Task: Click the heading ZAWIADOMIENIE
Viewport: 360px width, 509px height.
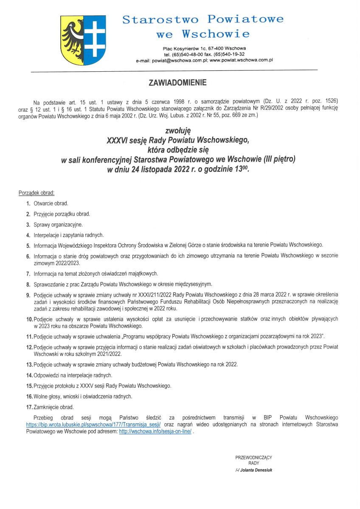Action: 177,83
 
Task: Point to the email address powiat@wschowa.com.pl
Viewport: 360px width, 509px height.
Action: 177,61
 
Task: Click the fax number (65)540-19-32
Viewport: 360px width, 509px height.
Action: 229,55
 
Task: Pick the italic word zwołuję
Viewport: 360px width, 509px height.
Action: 177,132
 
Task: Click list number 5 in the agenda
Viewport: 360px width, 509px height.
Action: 28,245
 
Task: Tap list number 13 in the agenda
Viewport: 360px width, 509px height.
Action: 29,365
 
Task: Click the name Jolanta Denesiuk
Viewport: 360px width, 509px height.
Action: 256,470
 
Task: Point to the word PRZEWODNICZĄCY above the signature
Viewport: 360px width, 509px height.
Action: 253,457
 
